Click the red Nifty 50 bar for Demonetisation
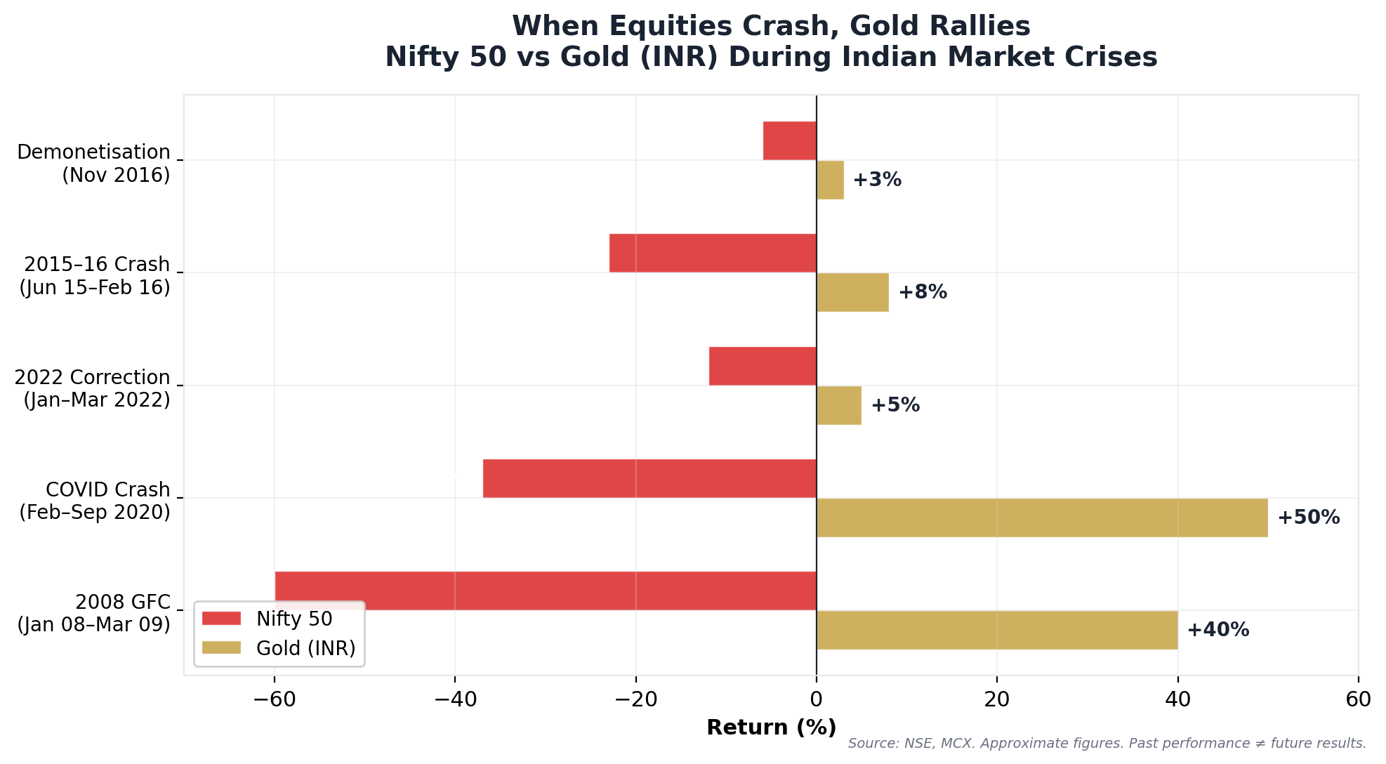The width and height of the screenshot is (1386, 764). point(789,140)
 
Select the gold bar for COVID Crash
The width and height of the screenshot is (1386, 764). point(1042,518)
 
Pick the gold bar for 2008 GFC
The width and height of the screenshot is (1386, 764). point(997,630)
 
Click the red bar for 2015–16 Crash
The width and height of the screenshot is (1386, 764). point(713,253)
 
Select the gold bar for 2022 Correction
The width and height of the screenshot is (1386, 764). point(839,405)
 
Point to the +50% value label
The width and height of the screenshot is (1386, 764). point(1308,518)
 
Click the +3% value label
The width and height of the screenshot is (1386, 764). point(877,180)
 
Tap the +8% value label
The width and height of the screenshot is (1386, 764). point(923,292)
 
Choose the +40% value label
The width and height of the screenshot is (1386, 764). point(1217,630)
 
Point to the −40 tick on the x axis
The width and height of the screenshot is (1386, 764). point(454,699)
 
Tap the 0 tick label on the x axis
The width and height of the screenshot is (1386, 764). point(816,699)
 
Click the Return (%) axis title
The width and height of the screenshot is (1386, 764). point(771,727)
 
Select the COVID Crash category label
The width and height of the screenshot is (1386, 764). point(95,501)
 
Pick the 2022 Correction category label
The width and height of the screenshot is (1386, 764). point(93,388)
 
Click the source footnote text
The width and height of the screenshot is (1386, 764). point(1107,744)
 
